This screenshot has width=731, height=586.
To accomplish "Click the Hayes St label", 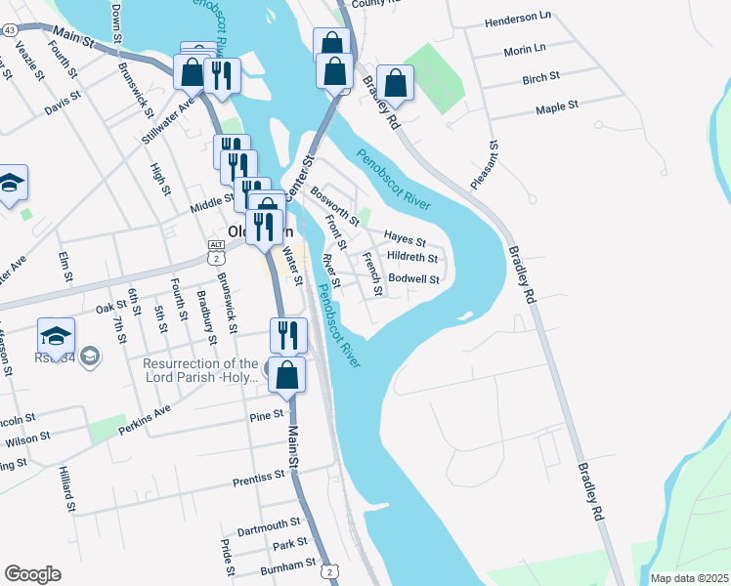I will pyautogui.click(x=405, y=237).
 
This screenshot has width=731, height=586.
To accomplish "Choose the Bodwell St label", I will pyautogui.click(x=414, y=278).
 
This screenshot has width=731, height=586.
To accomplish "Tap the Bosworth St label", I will pyautogui.click(x=335, y=206).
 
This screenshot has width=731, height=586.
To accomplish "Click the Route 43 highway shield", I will pyautogui.click(x=9, y=31).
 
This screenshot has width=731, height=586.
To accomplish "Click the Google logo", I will pyautogui.click(x=32, y=574).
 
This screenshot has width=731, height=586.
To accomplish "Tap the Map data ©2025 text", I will pyautogui.click(x=689, y=578).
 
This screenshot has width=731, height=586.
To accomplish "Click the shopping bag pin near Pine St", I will pyautogui.click(x=286, y=376).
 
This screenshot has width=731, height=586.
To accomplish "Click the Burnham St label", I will pyautogui.click(x=288, y=564).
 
